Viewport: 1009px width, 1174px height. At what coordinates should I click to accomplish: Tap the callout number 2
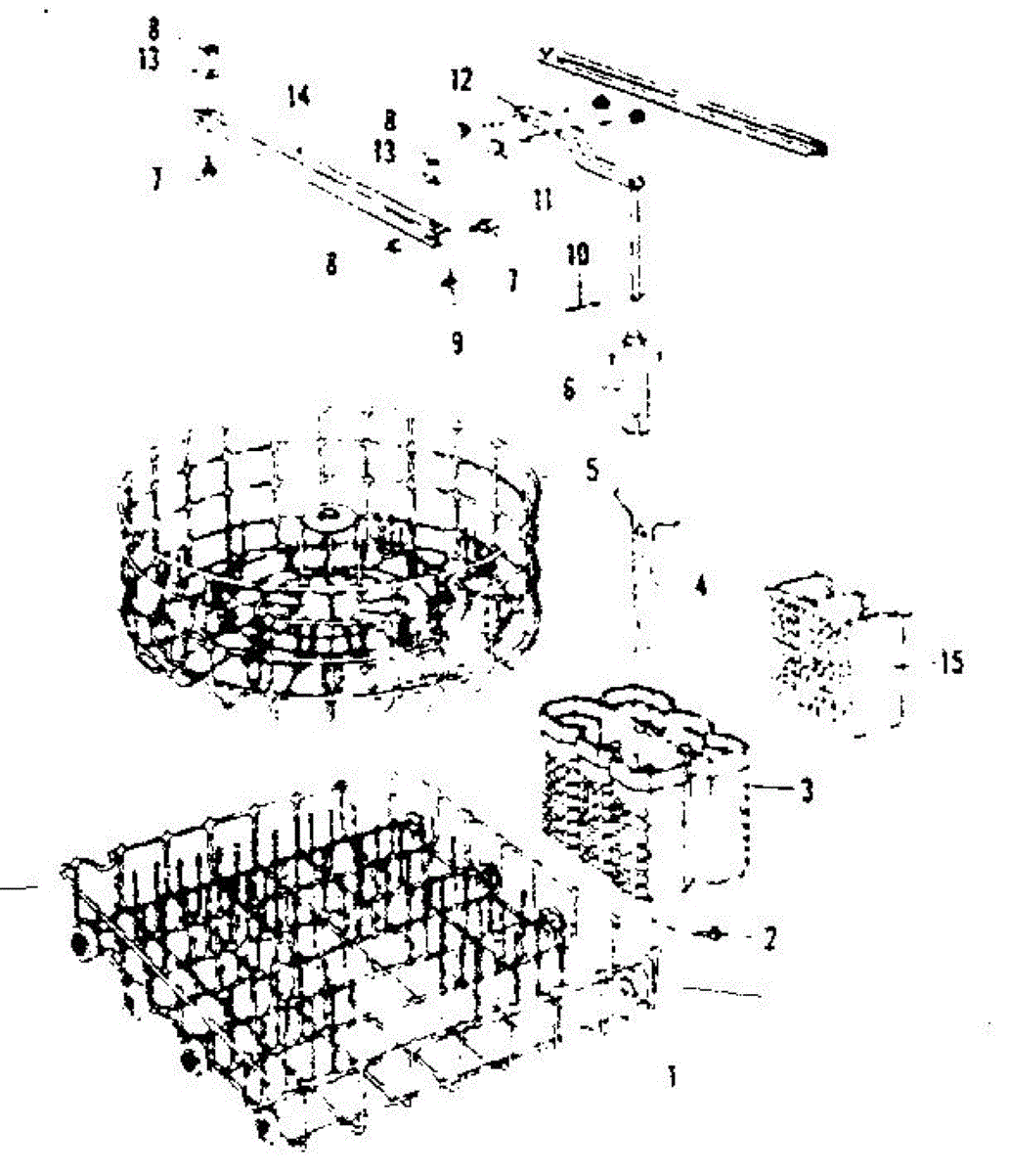(769, 938)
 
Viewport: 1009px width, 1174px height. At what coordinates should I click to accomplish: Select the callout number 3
(807, 790)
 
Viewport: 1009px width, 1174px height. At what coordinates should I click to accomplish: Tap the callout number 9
(457, 343)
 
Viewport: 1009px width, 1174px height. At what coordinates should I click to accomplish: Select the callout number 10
(578, 254)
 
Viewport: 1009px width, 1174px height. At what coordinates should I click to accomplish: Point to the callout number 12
(461, 81)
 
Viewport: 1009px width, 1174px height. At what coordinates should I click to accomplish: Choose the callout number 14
(298, 96)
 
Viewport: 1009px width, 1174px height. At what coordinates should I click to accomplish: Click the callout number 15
(946, 663)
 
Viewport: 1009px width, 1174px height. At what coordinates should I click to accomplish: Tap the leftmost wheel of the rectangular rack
(79, 944)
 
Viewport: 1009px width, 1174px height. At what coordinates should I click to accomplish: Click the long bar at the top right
(684, 98)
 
